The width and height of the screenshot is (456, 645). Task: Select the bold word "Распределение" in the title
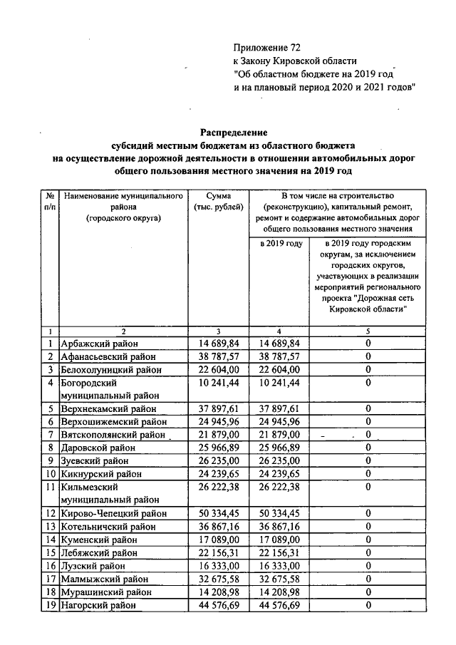(233, 132)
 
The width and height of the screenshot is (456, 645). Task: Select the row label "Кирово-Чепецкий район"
(113, 513)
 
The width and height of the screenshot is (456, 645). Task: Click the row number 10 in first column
(51, 474)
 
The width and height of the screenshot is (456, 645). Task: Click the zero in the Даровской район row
(368, 448)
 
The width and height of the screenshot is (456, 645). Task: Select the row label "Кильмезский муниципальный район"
(110, 493)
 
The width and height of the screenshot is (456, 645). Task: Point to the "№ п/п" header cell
(51, 200)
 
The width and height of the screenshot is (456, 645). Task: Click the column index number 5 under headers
(368, 331)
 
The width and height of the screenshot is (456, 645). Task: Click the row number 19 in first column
(51, 605)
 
